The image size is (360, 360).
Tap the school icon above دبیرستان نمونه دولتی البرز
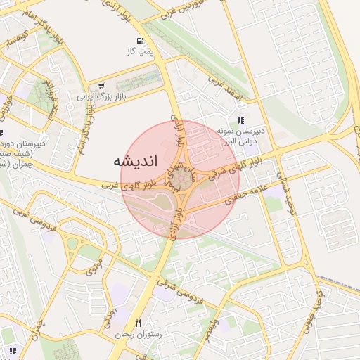[x=241, y=120]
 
